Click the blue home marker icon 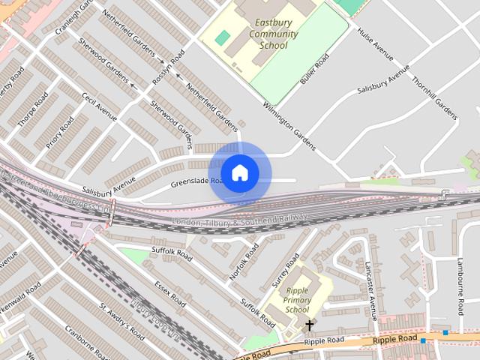click(x=239, y=172)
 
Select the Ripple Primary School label click(x=298, y=300)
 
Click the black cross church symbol click(x=309, y=325)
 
